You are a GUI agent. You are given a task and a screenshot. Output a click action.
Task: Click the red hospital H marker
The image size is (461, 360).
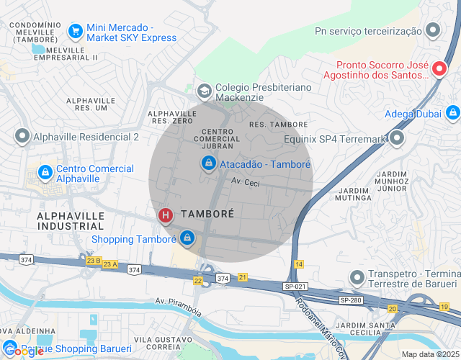click(x=166, y=215)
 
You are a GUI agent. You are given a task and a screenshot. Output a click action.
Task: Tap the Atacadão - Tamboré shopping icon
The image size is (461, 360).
click(x=208, y=164)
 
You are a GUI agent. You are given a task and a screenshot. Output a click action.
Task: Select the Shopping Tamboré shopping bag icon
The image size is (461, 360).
click(x=187, y=236)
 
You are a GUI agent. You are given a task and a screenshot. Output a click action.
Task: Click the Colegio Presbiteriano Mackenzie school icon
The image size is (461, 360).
click(x=204, y=91)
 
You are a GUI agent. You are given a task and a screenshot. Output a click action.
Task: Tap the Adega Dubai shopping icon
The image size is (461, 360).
click(x=452, y=112)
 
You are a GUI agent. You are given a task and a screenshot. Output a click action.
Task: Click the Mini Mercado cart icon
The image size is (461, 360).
click(x=75, y=31)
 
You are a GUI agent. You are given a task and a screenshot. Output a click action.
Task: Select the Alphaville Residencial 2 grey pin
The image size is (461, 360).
click(x=22, y=136)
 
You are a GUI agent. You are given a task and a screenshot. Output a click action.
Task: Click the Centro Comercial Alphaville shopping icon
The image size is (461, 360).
click(x=45, y=173)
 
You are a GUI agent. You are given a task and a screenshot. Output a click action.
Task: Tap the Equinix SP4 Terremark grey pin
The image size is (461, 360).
click(x=396, y=139)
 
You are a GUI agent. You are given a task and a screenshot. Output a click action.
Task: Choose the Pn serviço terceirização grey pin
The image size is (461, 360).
click(x=433, y=31)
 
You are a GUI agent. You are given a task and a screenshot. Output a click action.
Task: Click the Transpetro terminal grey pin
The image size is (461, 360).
click(x=356, y=277)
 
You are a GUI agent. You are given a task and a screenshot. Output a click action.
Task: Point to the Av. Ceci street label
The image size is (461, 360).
click(x=245, y=183)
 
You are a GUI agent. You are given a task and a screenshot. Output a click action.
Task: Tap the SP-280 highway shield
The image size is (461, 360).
click(x=350, y=300)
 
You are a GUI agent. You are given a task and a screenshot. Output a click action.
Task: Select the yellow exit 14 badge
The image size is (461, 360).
click(x=299, y=265)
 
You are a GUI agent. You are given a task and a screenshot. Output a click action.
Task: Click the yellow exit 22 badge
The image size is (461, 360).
click(x=198, y=280)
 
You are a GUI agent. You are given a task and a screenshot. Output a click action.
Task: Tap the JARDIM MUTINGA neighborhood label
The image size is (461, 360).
click(x=353, y=194)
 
